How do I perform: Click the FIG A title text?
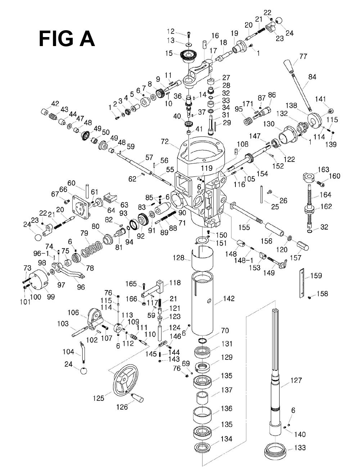67,39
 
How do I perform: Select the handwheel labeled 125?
124,380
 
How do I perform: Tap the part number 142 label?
229,298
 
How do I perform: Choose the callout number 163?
323,169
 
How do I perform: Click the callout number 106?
73,312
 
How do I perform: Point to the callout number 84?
312,76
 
